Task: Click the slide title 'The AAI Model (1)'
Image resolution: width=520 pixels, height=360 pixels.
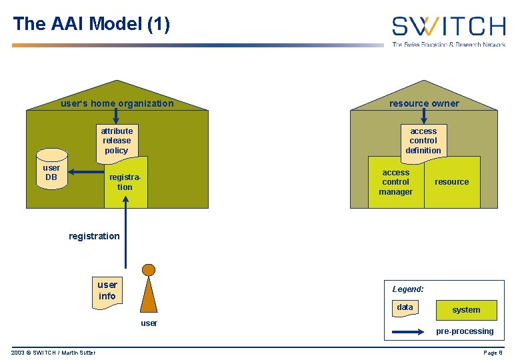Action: (91, 25)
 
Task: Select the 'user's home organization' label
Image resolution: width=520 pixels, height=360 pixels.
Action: (117, 103)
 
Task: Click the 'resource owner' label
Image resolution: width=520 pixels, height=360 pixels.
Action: (424, 103)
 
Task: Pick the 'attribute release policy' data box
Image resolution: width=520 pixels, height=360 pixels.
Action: (117, 141)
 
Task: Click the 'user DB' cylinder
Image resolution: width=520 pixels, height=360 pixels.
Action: (51, 174)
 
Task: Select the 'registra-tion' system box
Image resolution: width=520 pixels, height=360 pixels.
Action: (126, 183)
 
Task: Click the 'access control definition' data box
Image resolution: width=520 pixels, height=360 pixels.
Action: (423, 141)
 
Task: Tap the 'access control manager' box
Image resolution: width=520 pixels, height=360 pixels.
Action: (396, 182)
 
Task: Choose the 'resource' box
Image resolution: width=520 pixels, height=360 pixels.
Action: (452, 182)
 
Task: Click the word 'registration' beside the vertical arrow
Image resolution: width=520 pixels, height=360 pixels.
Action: (94, 236)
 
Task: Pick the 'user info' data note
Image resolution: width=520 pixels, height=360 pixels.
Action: (107, 291)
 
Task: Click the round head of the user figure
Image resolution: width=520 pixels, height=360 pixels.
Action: (149, 270)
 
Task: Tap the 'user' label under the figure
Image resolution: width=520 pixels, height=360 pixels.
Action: (149, 323)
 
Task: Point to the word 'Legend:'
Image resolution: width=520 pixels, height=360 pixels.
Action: (408, 289)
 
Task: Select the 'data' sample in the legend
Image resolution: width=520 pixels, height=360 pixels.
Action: (405, 308)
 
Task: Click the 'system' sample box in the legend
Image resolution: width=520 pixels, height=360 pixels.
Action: (466, 310)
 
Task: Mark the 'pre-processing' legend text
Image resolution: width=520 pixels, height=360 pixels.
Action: (465, 331)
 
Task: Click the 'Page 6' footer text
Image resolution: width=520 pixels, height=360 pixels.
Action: (493, 353)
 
